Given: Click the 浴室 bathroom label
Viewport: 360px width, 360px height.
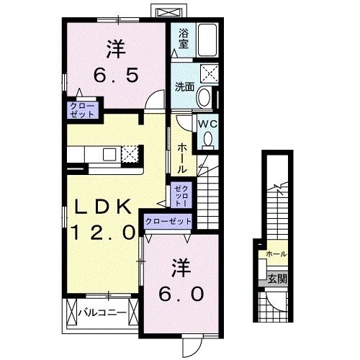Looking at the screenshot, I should coord(183,38).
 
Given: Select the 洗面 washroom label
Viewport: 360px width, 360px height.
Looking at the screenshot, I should coord(184,87).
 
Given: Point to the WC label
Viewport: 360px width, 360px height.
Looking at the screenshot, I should coord(208,123).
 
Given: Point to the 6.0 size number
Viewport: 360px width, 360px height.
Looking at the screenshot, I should coord(181,293).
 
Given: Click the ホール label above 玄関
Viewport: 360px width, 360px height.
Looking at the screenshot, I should coord(276,254).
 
